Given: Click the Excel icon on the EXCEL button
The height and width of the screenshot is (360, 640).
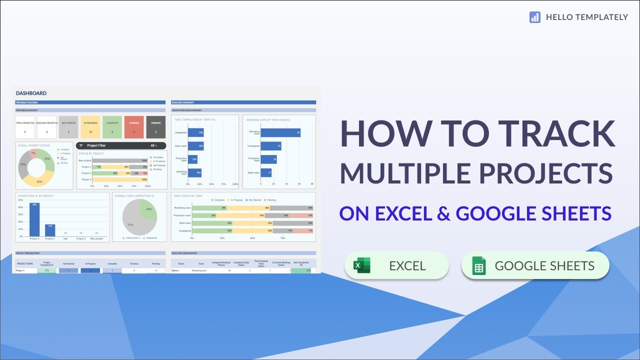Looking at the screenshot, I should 361,265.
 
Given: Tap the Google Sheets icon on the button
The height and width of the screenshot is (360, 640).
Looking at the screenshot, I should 479,266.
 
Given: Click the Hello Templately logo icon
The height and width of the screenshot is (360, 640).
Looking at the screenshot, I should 535,17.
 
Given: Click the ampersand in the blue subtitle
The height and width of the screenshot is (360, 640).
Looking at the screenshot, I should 443,213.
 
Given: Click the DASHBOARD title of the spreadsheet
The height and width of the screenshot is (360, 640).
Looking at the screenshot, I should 31,93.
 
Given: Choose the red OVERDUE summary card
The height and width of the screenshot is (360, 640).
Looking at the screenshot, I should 134,127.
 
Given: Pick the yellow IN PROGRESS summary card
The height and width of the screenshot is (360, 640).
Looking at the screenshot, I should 90,127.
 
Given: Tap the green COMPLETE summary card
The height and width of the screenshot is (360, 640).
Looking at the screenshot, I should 112,127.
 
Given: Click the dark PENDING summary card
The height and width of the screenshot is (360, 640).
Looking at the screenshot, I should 156,127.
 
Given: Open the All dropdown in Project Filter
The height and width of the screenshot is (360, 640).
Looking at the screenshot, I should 154,145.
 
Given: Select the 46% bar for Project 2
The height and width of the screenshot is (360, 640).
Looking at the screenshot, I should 34,219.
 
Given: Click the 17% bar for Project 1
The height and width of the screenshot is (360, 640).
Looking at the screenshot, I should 50,230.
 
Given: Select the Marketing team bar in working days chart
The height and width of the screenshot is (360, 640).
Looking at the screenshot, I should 280,132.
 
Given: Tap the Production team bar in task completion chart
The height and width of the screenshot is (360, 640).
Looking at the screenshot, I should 192,159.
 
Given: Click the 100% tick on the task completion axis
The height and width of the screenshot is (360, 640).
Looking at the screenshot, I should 236,183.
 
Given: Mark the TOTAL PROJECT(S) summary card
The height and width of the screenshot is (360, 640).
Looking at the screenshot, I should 25,127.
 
